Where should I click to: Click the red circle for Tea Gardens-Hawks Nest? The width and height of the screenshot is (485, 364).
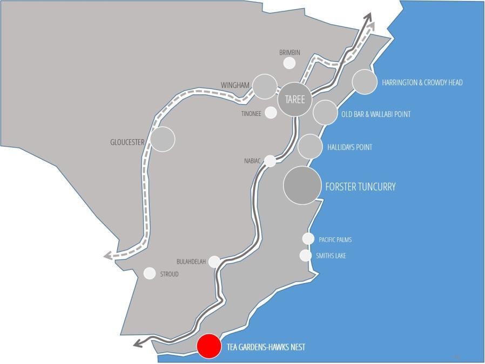click(208, 346)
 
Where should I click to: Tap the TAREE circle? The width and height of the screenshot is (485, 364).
click(295, 100)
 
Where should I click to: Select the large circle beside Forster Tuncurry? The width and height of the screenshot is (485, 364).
click(302, 186)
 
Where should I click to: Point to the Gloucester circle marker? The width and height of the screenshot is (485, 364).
click(163, 139)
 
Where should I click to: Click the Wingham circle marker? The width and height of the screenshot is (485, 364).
click(265, 86)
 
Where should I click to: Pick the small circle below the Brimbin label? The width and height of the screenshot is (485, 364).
click(289, 63)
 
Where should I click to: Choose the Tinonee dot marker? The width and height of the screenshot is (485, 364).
click(271, 112)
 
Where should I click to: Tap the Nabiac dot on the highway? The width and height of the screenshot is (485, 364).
click(270, 161)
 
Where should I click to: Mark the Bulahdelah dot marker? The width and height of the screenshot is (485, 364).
click(214, 262)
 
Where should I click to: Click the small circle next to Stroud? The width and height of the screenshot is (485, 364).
click(150, 273)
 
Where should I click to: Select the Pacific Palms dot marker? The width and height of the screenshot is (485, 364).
click(308, 239)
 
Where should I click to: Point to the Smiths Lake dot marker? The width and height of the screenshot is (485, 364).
click(306, 255)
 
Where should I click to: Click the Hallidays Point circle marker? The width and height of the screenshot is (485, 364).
click(310, 147)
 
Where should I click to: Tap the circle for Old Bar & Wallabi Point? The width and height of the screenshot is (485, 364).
click(325, 112)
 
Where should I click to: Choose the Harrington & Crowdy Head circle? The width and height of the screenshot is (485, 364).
click(364, 82)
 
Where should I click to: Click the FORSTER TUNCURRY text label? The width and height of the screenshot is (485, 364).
click(360, 187)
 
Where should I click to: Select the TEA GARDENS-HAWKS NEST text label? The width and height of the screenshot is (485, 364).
click(266, 347)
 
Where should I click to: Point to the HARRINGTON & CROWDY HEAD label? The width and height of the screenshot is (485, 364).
click(422, 83)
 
